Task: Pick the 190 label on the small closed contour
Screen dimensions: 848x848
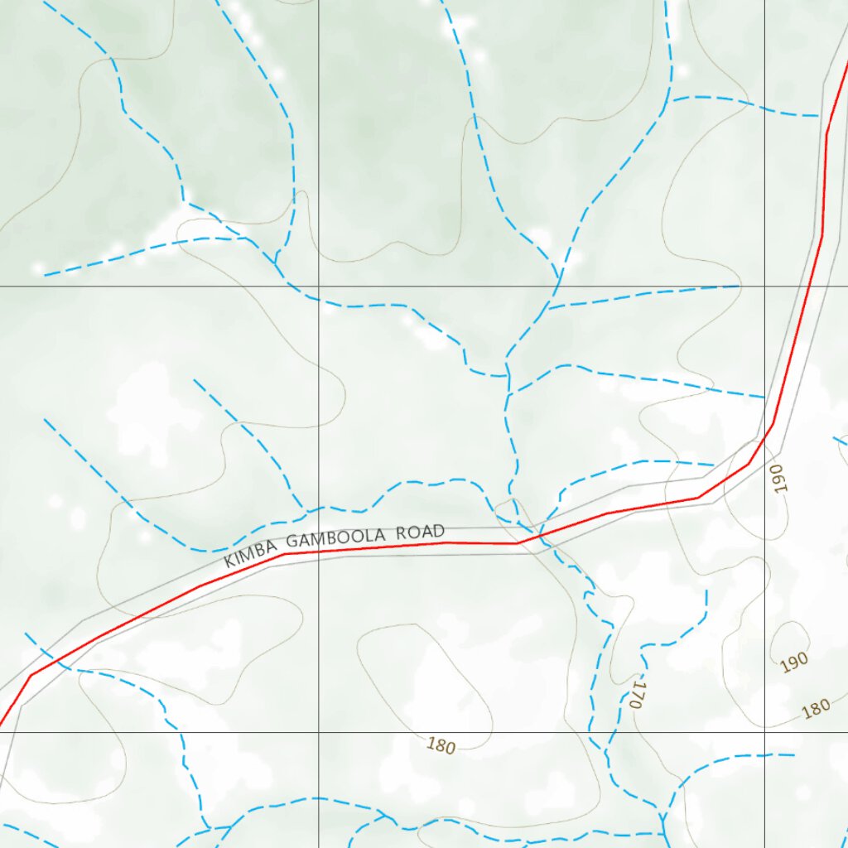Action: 793,662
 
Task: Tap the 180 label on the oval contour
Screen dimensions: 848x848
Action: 441,746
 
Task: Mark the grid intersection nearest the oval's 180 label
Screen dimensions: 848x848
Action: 320,732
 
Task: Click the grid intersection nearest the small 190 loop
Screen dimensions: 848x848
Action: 764,732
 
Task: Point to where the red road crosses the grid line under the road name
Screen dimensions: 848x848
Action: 320,551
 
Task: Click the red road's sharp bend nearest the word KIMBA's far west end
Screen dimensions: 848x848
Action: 31,675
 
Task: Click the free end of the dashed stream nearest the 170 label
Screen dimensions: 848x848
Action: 706,591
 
